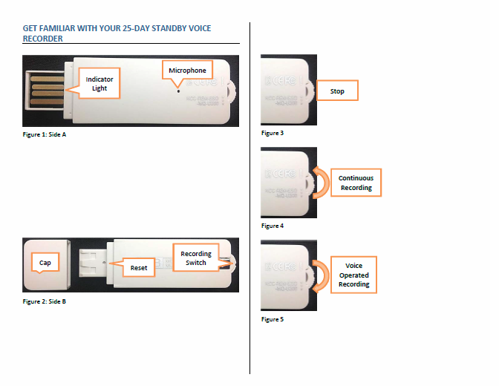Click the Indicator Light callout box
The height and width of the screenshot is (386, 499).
pyautogui.click(x=100, y=83)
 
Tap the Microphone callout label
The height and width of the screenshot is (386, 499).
pyautogui.click(x=187, y=71)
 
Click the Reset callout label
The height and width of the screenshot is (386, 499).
pyautogui.click(x=138, y=267)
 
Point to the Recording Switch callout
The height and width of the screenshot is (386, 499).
pyautogui.click(x=196, y=258)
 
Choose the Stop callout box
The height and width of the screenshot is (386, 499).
pyautogui.click(x=336, y=92)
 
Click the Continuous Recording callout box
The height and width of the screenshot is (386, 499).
pyautogui.click(x=356, y=183)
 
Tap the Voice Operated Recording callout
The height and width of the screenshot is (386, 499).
pyautogui.click(x=353, y=275)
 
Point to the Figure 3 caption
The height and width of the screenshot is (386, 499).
pyautogui.click(x=273, y=133)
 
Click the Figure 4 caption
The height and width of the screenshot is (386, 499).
pyautogui.click(x=273, y=226)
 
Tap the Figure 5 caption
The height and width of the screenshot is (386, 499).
pyautogui.click(x=273, y=319)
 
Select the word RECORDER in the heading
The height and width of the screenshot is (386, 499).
pyautogui.click(x=43, y=38)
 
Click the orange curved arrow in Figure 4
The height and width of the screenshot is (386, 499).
pyautogui.click(x=321, y=182)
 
